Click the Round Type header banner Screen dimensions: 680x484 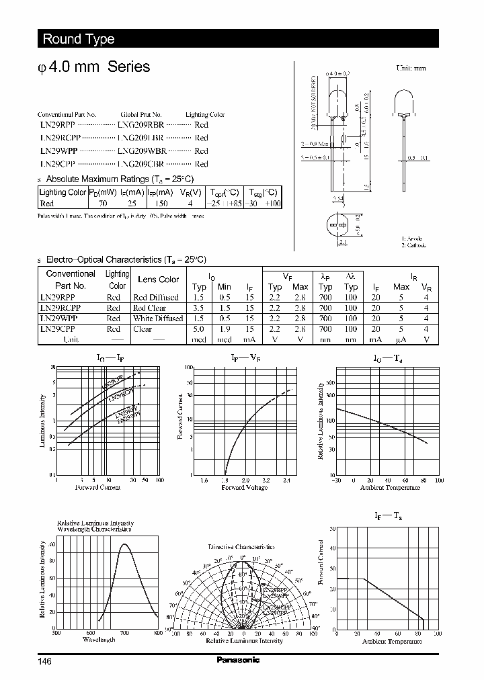79,39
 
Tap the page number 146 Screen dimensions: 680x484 44,661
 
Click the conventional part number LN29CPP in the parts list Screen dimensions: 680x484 57,164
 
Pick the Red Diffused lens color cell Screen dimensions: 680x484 156,297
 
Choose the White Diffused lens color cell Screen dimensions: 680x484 158,318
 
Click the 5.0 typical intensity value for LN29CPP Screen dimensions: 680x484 199,329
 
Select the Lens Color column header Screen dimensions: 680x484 158,280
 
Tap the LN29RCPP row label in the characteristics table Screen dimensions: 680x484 60,308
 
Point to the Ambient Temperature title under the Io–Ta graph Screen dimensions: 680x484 390,488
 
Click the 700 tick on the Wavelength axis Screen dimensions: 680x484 124,633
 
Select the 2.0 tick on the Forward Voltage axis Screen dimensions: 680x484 245,480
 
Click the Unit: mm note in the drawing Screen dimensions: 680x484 411,69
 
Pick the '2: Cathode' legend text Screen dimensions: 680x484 414,245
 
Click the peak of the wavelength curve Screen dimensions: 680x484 124,544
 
